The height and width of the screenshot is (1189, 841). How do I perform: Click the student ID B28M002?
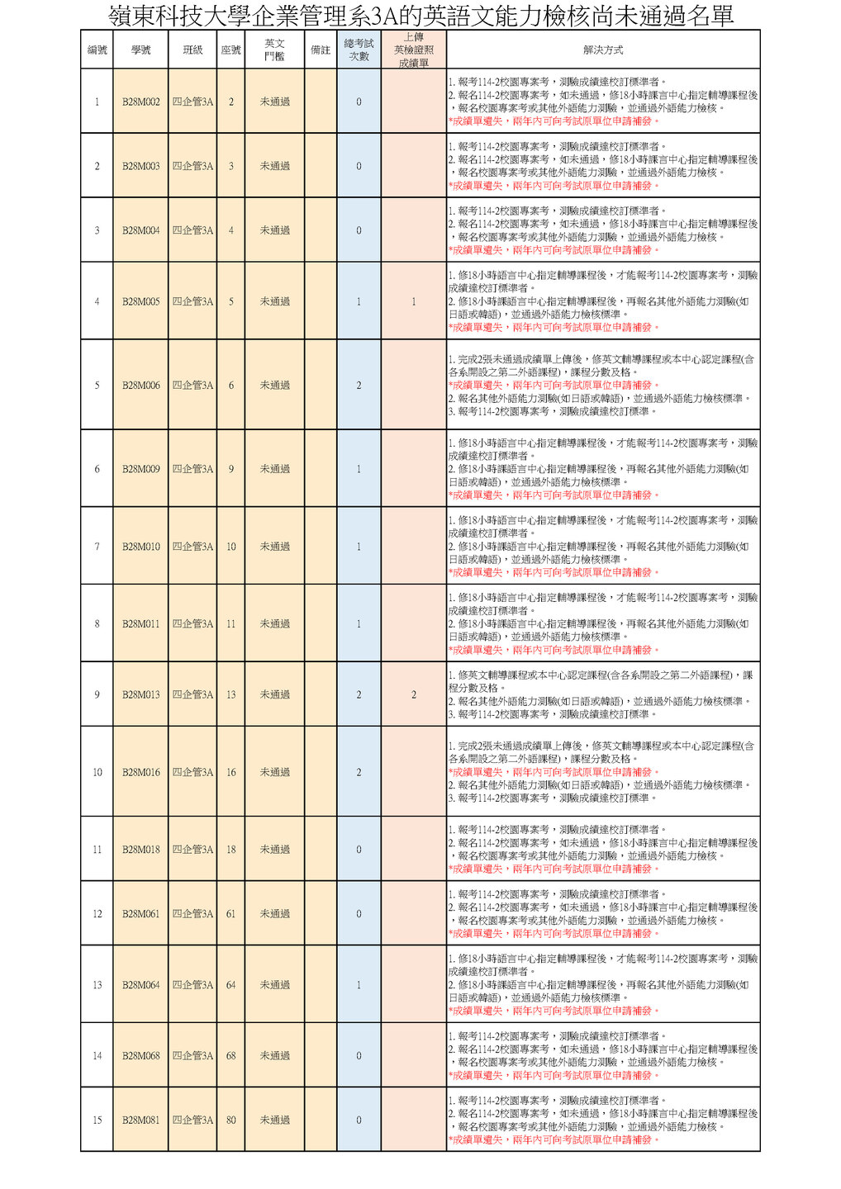pos(140,102)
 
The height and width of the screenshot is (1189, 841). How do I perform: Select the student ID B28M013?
pos(140,694)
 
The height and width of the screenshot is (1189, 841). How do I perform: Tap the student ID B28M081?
pos(140,1120)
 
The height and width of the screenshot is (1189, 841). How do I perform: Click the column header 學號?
pos(140,50)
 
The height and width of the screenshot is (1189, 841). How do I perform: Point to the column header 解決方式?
pos(603,50)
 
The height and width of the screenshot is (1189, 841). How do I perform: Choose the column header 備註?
pos(321,50)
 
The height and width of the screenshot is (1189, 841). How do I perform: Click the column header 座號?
pos(230,50)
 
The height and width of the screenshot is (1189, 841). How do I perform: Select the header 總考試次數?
pos(359,50)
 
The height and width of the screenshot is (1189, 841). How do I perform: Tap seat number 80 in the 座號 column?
pos(230,1120)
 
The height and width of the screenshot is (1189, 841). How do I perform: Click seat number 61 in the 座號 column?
pos(230,913)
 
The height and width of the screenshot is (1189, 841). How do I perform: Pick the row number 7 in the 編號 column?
pos(97,547)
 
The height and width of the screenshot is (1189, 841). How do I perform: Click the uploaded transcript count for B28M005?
pos(414,301)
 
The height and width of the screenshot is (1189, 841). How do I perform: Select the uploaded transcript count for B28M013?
pos(414,694)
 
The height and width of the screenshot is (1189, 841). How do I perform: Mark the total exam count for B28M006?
pos(359,385)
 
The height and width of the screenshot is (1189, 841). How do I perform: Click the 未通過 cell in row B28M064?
pos(275,984)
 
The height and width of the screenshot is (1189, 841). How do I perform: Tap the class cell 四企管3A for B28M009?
pos(192,468)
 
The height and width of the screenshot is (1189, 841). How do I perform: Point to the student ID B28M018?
pos(140,849)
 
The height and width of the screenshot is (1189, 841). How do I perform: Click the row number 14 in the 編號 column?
pos(97,1055)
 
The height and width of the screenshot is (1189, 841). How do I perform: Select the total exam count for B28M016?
pos(359,772)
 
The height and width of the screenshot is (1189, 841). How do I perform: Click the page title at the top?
pos(420,15)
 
